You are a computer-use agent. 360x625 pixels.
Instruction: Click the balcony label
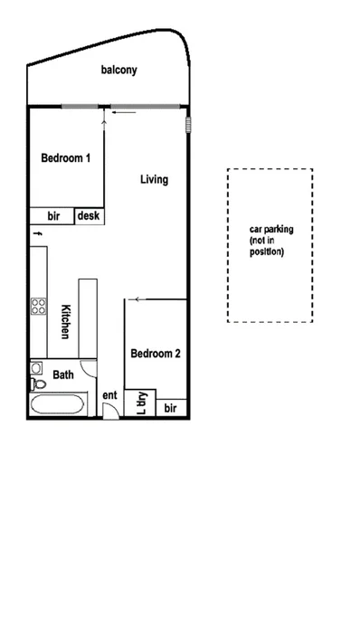pyautogui.click(x=118, y=70)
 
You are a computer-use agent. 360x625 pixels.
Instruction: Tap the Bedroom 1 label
pyautogui.click(x=66, y=157)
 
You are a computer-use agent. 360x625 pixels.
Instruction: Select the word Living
pyautogui.click(x=154, y=179)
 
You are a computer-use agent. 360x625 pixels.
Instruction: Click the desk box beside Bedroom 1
pyautogui.click(x=89, y=216)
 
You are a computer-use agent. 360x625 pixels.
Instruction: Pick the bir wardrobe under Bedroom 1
pyautogui.click(x=52, y=216)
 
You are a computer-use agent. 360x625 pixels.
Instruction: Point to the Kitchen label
pyautogui.click(x=65, y=321)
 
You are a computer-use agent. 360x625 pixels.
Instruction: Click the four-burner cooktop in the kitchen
pyautogui.click(x=39, y=307)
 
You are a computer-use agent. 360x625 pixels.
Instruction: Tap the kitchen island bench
pyautogui.click(x=88, y=317)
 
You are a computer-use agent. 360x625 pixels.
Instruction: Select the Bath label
pyautogui.click(x=62, y=374)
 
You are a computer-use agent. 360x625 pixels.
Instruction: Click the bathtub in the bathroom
pyautogui.click(x=60, y=403)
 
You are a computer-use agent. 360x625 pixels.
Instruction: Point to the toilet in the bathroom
pyautogui.click(x=37, y=369)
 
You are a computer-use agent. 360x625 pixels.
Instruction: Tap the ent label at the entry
pyautogui.click(x=109, y=395)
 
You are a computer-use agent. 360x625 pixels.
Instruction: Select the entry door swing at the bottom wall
pyautogui.click(x=109, y=411)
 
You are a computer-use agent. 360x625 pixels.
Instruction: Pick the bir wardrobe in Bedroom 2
pyautogui.click(x=171, y=409)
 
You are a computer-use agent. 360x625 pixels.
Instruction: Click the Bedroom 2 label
pyautogui.click(x=155, y=354)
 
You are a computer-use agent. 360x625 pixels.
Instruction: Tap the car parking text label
pyautogui.click(x=270, y=241)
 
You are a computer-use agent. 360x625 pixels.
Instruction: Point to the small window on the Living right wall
pyautogui.click(x=189, y=124)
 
